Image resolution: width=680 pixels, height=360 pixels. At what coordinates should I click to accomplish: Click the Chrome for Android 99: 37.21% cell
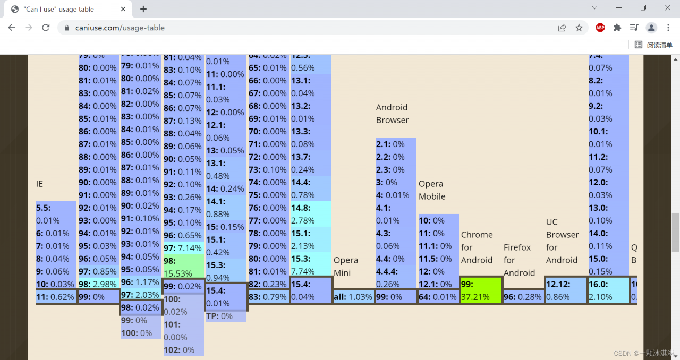coord(481,290)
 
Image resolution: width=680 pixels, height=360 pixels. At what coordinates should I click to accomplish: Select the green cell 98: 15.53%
coord(183,267)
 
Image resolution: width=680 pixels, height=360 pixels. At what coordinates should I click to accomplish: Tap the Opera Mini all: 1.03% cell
coord(353,297)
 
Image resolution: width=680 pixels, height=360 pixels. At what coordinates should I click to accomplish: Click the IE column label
coord(40,184)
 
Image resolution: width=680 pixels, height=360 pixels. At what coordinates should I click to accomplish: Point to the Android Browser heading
coord(393,114)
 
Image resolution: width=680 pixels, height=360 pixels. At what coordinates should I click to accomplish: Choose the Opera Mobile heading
coord(432,190)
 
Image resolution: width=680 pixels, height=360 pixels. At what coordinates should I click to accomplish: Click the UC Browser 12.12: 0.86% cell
coord(566,290)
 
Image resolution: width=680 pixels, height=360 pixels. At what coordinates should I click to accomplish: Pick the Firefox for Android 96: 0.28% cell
coord(523,297)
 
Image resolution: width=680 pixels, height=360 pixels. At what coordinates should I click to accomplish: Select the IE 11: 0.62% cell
coord(56,297)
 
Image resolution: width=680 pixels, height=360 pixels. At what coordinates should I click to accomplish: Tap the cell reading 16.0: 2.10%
coord(608,290)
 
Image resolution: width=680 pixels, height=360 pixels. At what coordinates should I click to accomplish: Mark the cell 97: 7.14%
coord(183,248)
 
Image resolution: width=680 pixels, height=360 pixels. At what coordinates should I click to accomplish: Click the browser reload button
coord(46,28)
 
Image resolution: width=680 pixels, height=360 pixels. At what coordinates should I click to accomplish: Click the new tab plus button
coord(143,9)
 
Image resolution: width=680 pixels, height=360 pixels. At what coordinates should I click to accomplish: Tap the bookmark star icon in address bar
coord(579,28)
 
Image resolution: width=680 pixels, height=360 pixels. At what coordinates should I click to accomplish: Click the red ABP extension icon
coord(600,28)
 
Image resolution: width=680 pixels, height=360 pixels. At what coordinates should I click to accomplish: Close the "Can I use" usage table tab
coord(123,9)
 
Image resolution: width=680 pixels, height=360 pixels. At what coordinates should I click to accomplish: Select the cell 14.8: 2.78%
coord(311,214)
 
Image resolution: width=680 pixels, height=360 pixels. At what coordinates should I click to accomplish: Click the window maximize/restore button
coord(643,8)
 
